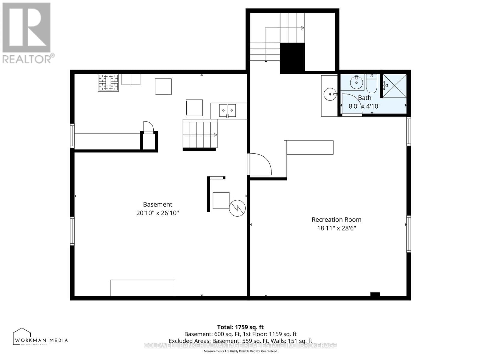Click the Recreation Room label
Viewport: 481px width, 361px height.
coord(336,220)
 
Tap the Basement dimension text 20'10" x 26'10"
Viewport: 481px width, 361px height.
coord(158,213)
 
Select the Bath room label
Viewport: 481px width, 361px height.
coord(364,98)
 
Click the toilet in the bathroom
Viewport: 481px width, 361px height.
coord(372,84)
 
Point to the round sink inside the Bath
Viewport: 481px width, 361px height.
coord(357,82)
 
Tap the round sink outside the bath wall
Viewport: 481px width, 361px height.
coord(330,94)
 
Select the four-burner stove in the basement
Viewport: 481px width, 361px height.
coord(108,82)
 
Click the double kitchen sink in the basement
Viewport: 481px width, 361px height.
coord(227,110)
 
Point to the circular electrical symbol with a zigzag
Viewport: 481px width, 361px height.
coord(237,208)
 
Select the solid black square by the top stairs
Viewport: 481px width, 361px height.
coord(293,58)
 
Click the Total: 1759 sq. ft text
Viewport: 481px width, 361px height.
coord(240,327)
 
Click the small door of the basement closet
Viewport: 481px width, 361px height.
coord(149,127)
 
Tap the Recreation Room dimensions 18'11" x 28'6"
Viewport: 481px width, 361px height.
coord(336,228)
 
